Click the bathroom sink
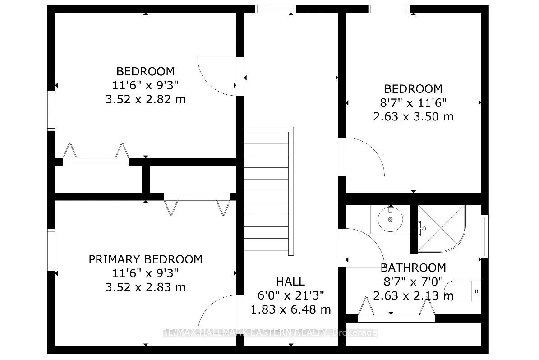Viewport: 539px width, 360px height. pos(390,219)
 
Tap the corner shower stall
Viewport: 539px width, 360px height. pos(441,228)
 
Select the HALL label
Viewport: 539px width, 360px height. pos(290,282)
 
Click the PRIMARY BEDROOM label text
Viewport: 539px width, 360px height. pos(145,259)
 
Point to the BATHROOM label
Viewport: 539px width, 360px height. pos(413,268)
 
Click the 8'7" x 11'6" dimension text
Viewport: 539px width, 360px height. pos(413,103)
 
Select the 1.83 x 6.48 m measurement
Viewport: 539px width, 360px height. pos(290,309)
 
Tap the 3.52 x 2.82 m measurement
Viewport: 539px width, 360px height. pos(145,99)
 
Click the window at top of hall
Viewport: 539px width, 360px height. pos(275,9)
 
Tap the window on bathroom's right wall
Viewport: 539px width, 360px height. pos(485,236)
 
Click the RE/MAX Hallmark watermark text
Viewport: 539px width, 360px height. pos(269,333)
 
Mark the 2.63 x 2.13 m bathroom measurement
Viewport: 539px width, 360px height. pos(413,296)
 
